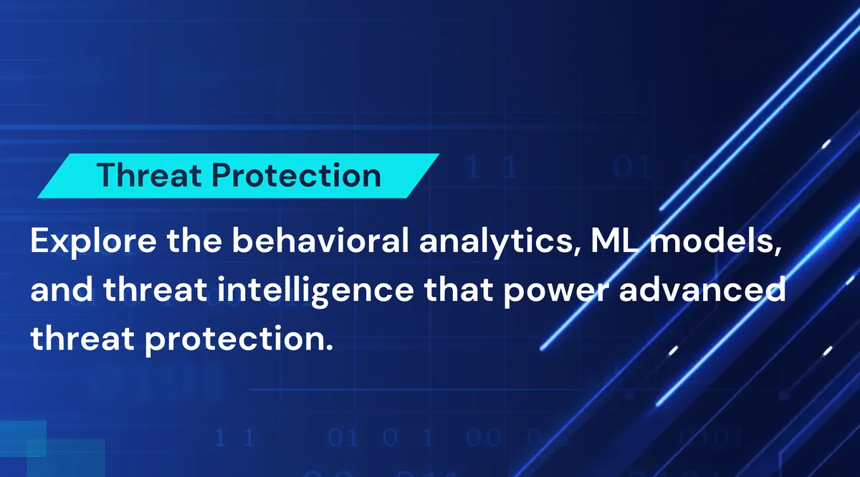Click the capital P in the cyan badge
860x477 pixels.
(x=222, y=175)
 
